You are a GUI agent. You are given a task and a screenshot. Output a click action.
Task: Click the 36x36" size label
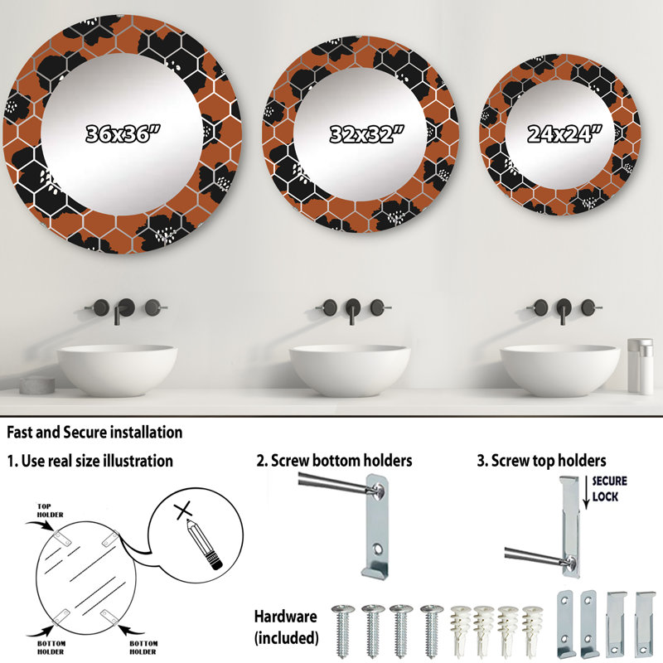[x=123, y=134]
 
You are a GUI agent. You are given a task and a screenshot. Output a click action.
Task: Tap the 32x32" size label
[x=366, y=134]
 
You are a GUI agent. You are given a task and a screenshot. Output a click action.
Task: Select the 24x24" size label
[x=564, y=134]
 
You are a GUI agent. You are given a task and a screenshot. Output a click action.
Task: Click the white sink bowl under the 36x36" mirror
[x=117, y=370]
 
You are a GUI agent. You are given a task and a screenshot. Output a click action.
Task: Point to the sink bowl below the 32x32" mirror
[x=350, y=370]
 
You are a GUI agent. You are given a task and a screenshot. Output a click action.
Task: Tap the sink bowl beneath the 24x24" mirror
[x=560, y=370]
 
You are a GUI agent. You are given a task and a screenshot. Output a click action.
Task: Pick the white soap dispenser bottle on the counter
[x=640, y=365]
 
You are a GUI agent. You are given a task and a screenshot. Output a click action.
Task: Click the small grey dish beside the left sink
[x=37, y=385]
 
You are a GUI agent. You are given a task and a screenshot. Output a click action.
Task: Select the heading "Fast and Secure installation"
[x=94, y=433]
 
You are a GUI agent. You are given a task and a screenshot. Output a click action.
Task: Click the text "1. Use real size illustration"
[x=90, y=461]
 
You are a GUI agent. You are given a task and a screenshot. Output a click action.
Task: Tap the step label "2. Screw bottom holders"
[x=334, y=461]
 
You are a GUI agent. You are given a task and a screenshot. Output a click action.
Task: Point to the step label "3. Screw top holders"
[x=541, y=461]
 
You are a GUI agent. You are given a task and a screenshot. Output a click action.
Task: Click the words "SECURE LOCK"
[x=609, y=488]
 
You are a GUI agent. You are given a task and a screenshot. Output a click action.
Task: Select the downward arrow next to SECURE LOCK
[x=586, y=492]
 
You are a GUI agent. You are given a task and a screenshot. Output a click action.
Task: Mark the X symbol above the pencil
[x=183, y=511]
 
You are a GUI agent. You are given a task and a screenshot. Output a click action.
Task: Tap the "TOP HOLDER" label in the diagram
[x=50, y=511]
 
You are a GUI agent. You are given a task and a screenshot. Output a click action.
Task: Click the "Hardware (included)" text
[x=286, y=627]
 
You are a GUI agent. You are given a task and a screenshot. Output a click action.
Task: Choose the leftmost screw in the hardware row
[x=343, y=631]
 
